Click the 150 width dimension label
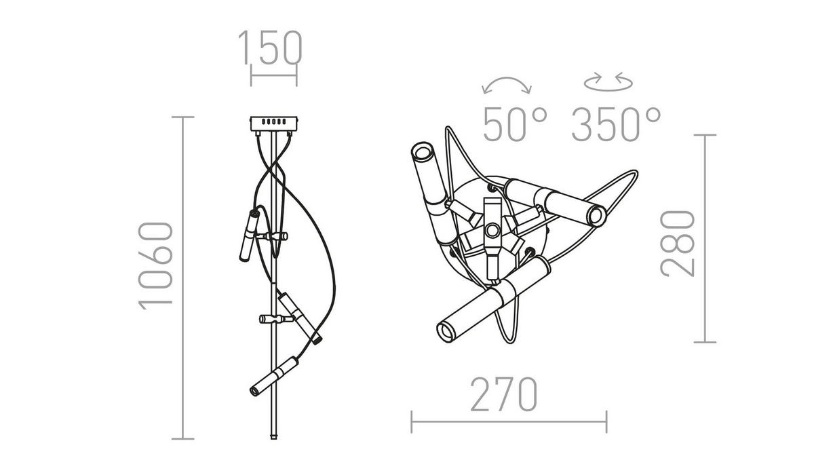pyautogui.click(x=270, y=48)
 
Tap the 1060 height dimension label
pyautogui.click(x=155, y=266)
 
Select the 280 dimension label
pyautogui.click(x=678, y=244)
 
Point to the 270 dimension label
pyautogui.click(x=504, y=394)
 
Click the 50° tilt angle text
pyautogui.click(x=515, y=124)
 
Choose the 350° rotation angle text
pyautogui.click(x=616, y=124)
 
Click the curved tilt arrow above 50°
pyautogui.click(x=507, y=86)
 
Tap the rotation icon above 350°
pyautogui.click(x=608, y=81)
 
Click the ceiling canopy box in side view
pyautogui.click(x=273, y=124)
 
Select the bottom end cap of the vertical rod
pyautogui.click(x=273, y=436)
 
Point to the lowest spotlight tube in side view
pyautogui.click(x=274, y=376)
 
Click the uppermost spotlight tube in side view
pyautogui.click(x=250, y=235)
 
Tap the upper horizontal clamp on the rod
pyautogui.click(x=272, y=236)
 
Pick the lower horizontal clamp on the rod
pyautogui.click(x=277, y=319)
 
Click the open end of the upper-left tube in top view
pyautogui.click(x=422, y=152)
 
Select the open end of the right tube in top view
pyautogui.click(x=596, y=216)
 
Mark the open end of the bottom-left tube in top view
pyautogui.click(x=446, y=332)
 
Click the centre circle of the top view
pyautogui.click(x=492, y=229)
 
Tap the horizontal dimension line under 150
pyautogui.click(x=274, y=75)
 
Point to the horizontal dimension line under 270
pyautogui.click(x=509, y=421)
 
